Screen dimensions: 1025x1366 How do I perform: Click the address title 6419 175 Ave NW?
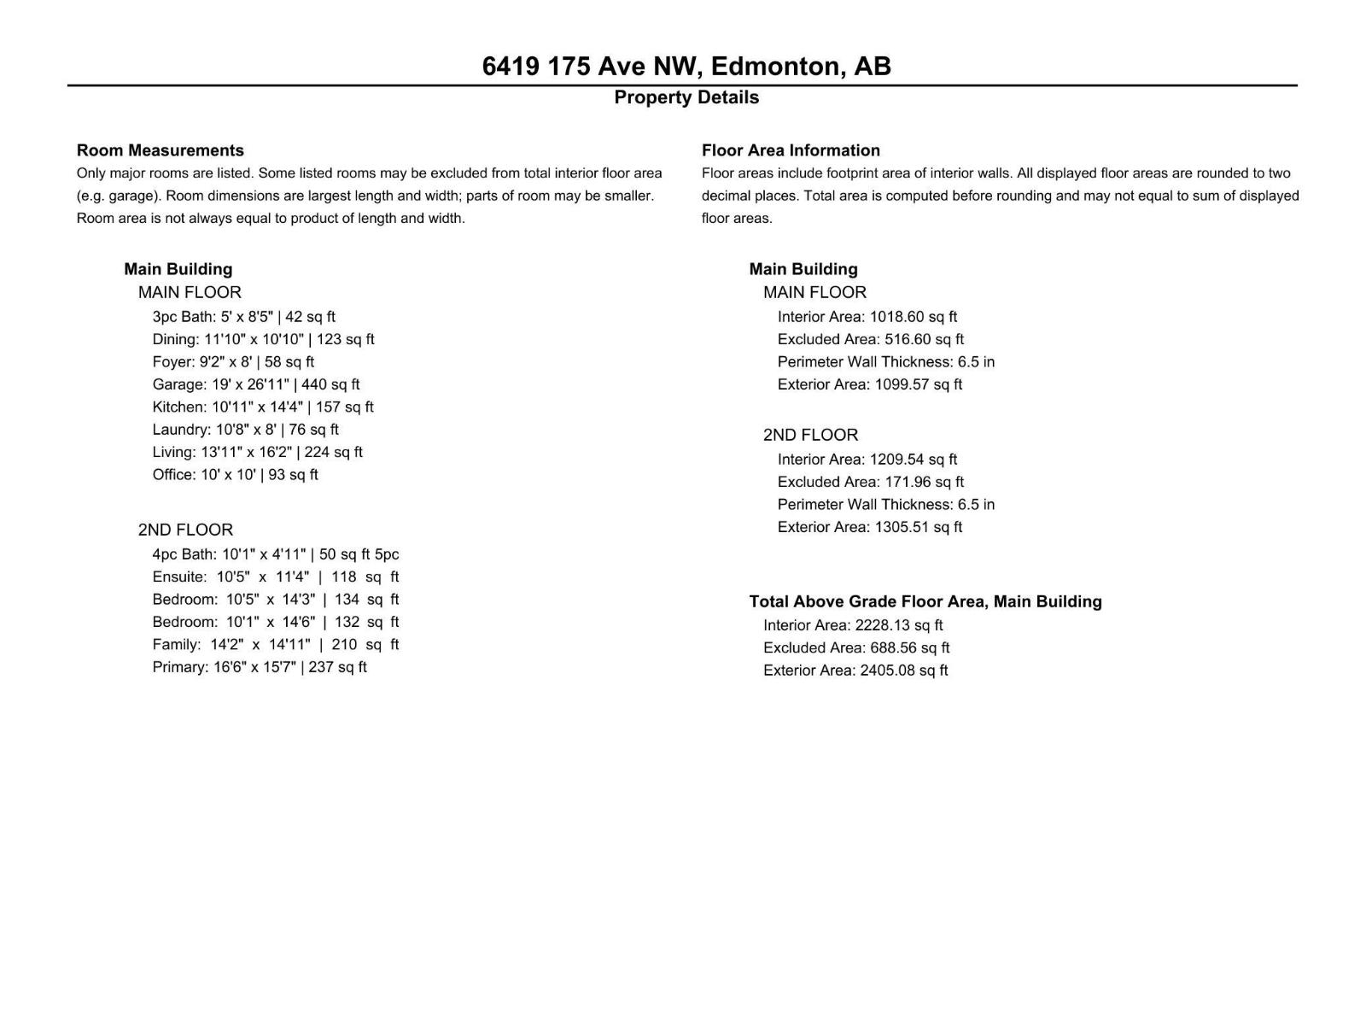686,66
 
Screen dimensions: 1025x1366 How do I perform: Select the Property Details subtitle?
686,97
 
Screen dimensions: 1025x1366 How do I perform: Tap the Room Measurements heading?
161,150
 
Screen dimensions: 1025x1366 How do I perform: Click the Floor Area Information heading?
791,150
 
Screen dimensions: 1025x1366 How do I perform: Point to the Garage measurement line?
256,384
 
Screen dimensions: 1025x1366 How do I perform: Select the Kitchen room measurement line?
263,407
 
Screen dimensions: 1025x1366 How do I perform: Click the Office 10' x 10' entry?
235,475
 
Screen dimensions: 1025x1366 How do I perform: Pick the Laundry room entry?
245,430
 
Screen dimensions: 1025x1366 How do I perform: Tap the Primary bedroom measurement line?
260,667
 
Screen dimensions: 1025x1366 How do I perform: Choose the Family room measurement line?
275,645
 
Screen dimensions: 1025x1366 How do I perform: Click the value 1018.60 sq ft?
914,317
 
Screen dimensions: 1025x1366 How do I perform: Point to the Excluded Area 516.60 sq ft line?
870,339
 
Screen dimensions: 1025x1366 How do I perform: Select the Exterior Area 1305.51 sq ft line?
869,527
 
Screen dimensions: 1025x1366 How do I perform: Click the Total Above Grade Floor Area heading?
925,601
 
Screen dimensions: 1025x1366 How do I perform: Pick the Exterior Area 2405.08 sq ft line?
855,671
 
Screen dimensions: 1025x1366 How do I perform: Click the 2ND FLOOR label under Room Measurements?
185,530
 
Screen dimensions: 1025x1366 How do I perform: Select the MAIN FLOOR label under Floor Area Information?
814,292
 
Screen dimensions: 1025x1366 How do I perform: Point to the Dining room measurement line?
263,339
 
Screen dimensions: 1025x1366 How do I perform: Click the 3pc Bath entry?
243,317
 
